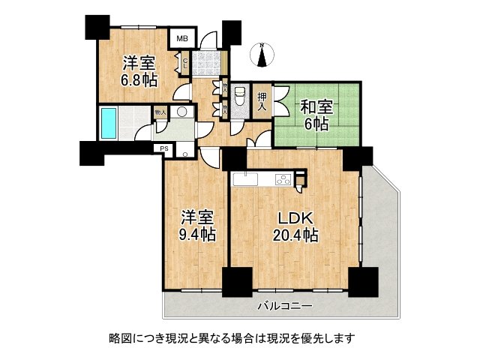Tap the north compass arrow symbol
[x=262, y=54]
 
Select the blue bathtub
[x=110, y=123]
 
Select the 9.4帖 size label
[x=198, y=235]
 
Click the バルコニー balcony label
[x=285, y=306]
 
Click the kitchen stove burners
[x=282, y=178]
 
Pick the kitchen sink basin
[x=245, y=178]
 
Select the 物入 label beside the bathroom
[x=160, y=112]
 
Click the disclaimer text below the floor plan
[x=239, y=338]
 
